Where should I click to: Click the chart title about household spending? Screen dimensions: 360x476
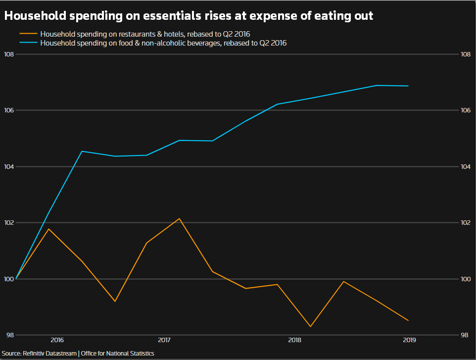click(189, 16)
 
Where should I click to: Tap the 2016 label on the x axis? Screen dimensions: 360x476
click(57, 340)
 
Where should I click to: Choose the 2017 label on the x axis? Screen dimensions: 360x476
click(164, 340)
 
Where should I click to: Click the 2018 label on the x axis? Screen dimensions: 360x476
click(294, 340)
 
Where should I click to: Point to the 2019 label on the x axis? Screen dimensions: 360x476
click(409, 340)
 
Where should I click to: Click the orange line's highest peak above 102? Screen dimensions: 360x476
click(179, 218)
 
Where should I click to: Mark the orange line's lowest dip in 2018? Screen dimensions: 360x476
click(311, 326)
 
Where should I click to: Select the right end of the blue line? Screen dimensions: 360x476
click(408, 86)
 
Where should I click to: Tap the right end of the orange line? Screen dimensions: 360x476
click(408, 320)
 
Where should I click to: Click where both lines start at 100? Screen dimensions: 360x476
click(17, 279)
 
